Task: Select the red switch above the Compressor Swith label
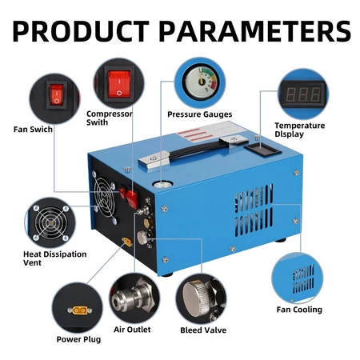[x=120, y=82]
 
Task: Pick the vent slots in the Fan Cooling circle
[x=302, y=280]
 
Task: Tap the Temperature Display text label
[x=300, y=130]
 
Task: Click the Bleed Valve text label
[x=203, y=330]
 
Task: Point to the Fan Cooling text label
[x=299, y=310]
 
